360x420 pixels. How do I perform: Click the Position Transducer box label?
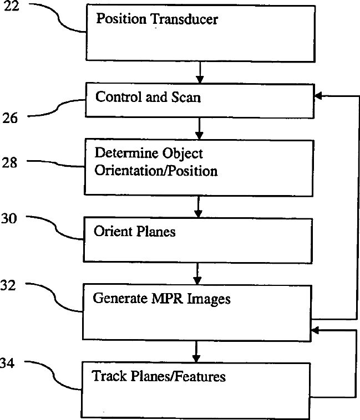point(157,19)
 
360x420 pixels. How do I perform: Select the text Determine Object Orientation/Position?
point(156,162)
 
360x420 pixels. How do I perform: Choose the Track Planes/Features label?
point(159,377)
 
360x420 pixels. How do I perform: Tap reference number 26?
point(9,117)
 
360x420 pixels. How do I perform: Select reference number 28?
point(9,163)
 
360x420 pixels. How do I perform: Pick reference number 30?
point(9,218)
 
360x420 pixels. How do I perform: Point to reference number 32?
point(9,285)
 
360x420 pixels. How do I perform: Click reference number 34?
point(8,364)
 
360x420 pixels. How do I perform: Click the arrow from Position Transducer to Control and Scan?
point(200,71)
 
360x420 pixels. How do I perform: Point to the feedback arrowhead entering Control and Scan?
point(318,96)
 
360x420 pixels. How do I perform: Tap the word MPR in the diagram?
point(167,299)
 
